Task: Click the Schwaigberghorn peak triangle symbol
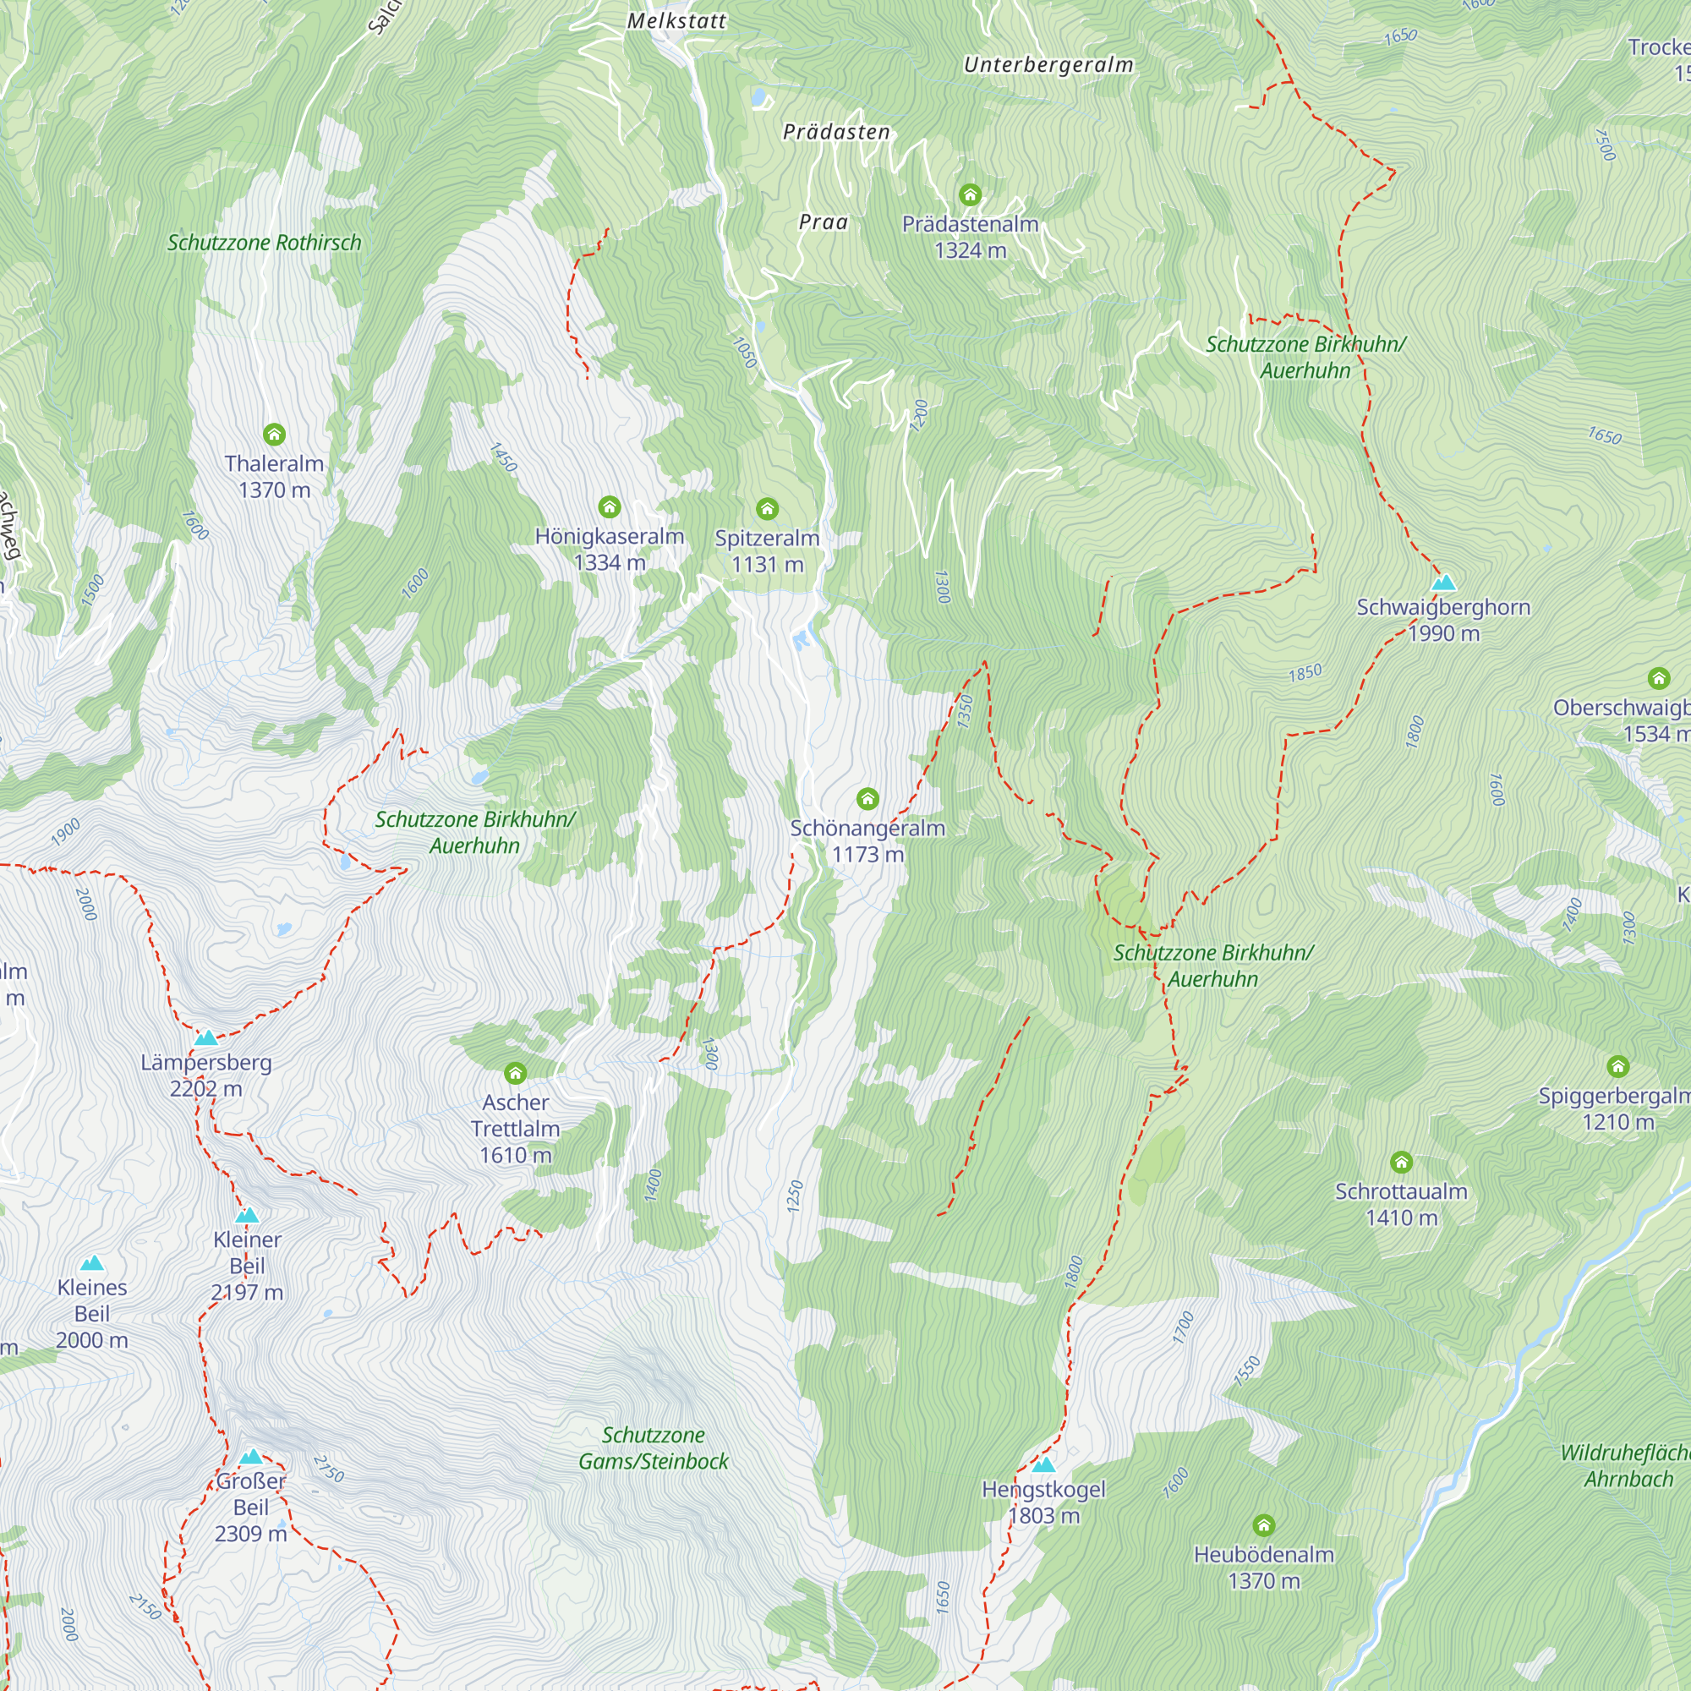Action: click(x=1443, y=583)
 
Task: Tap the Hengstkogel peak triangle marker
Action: click(x=1043, y=1465)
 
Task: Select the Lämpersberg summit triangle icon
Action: click(x=205, y=1039)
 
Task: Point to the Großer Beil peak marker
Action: click(x=251, y=1458)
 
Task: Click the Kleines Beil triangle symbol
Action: click(x=92, y=1263)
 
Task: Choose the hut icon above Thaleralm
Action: click(x=274, y=434)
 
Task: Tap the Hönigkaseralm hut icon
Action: click(x=609, y=506)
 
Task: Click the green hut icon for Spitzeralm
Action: click(x=767, y=508)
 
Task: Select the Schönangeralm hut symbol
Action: click(x=867, y=798)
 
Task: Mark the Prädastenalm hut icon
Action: click(x=970, y=194)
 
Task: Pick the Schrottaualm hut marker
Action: click(x=1401, y=1163)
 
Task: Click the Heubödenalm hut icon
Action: click(x=1263, y=1525)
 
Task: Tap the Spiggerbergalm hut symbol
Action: click(x=1617, y=1066)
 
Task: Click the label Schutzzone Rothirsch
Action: click(x=265, y=243)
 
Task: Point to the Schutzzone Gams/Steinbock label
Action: click(x=653, y=1447)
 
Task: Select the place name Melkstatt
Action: click(x=676, y=21)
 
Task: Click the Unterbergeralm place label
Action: click(x=1048, y=65)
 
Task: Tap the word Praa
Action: click(x=824, y=222)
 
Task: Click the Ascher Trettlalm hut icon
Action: click(x=516, y=1073)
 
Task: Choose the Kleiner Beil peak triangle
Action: click(x=247, y=1216)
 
